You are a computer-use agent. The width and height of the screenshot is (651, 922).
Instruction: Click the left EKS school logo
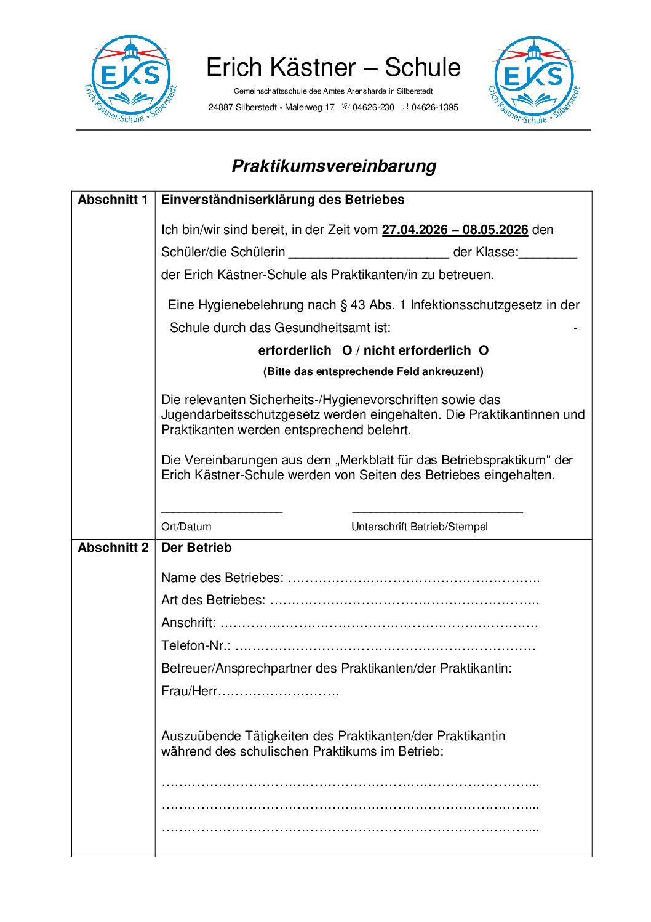(130, 79)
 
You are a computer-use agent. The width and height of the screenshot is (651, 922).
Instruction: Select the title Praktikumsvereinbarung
(334, 166)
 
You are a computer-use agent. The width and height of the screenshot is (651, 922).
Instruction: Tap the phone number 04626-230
(373, 107)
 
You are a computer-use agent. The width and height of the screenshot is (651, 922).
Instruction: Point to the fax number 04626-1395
(434, 107)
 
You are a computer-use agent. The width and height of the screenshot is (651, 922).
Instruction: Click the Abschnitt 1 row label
(113, 200)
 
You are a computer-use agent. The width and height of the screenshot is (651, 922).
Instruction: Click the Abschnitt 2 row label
(113, 548)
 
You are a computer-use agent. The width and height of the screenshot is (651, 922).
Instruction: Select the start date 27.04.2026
(415, 230)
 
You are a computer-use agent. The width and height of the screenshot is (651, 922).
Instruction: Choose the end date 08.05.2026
(495, 230)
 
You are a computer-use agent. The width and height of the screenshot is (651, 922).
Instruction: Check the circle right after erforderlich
(347, 350)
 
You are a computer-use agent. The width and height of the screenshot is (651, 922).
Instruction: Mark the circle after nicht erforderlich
(484, 350)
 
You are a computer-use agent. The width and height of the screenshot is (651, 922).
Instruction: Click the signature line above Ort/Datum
(222, 512)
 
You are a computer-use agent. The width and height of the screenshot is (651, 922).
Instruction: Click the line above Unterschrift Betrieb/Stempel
(437, 512)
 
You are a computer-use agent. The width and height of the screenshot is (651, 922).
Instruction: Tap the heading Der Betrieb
(196, 548)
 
